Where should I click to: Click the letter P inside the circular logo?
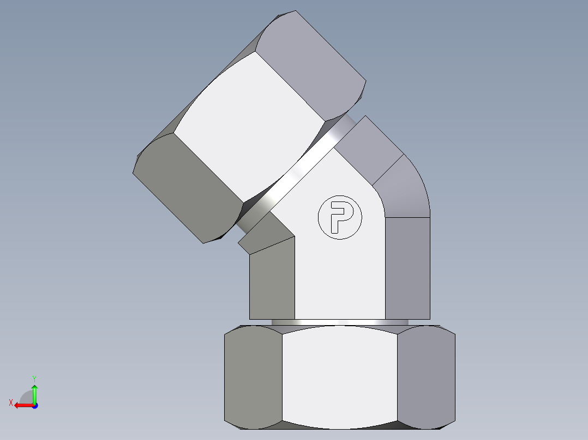tap(340, 217)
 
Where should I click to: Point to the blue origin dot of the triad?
tap(34, 406)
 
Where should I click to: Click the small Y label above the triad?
tap(34, 378)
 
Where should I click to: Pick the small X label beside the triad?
tap(10, 402)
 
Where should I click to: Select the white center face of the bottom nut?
tap(339, 376)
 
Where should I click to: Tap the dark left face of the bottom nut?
tap(253, 376)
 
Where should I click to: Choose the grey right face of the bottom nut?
tap(425, 376)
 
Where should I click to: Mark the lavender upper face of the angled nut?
tap(311, 60)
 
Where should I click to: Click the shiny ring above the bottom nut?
tap(339, 322)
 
